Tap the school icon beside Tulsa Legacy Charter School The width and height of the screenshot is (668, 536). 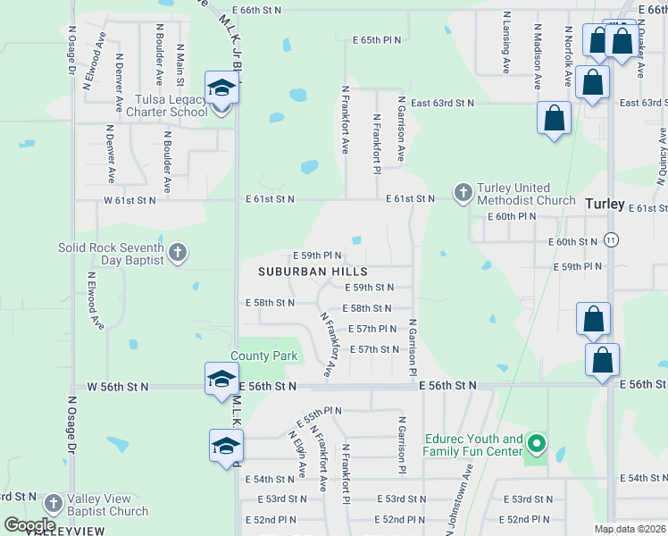pyautogui.click(x=221, y=88)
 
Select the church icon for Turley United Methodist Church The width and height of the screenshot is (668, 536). pyautogui.click(x=463, y=192)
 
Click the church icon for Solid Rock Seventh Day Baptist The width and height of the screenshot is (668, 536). pyautogui.click(x=177, y=253)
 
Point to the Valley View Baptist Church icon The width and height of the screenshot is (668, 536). pyautogui.click(x=53, y=505)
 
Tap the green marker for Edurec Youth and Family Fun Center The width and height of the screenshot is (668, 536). pyautogui.click(x=536, y=443)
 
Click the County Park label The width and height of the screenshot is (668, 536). pyautogui.click(x=264, y=356)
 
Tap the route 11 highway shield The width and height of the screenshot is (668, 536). pyautogui.click(x=611, y=240)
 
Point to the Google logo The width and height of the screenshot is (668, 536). pyautogui.click(x=29, y=524)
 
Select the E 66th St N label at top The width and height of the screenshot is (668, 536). pyautogui.click(x=255, y=10)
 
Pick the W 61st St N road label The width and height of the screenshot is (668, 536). pyautogui.click(x=130, y=200)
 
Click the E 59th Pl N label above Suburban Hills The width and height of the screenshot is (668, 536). pyautogui.click(x=317, y=255)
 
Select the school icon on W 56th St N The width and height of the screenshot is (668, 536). pyautogui.click(x=221, y=379)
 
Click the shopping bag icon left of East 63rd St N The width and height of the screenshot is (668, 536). pyautogui.click(x=554, y=118)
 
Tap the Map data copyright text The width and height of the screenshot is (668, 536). pyautogui.click(x=630, y=529)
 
